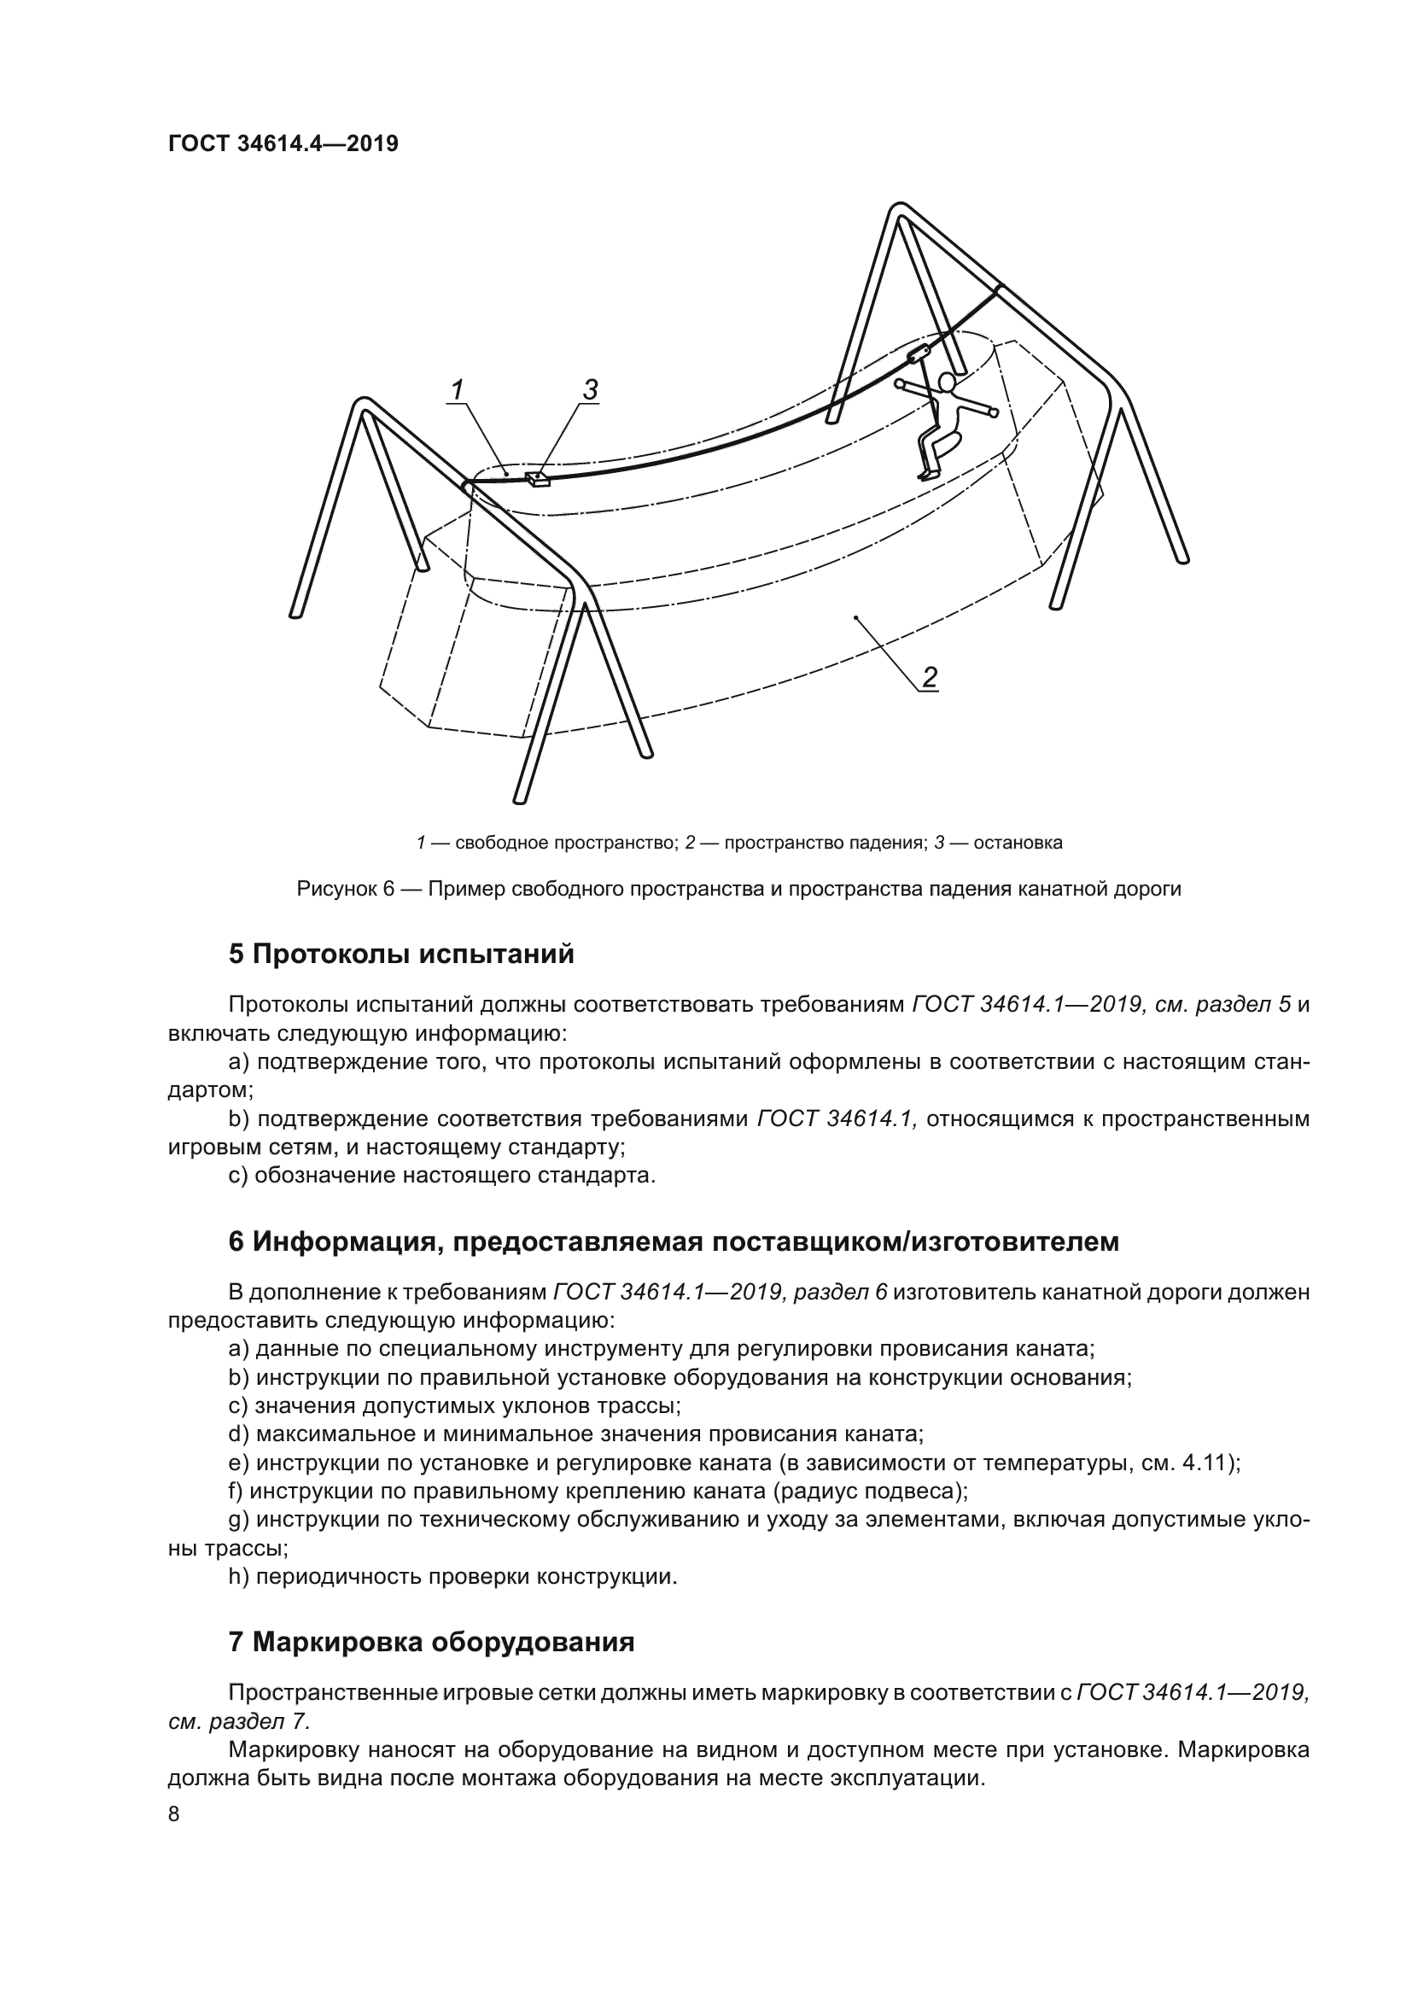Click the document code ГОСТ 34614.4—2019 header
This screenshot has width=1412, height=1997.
[283, 144]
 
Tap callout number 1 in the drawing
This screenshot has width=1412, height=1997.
[458, 388]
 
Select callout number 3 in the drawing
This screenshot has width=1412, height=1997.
[591, 388]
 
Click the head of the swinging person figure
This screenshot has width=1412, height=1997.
[948, 382]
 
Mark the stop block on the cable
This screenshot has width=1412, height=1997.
[538, 478]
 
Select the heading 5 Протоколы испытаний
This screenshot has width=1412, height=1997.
[401, 955]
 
